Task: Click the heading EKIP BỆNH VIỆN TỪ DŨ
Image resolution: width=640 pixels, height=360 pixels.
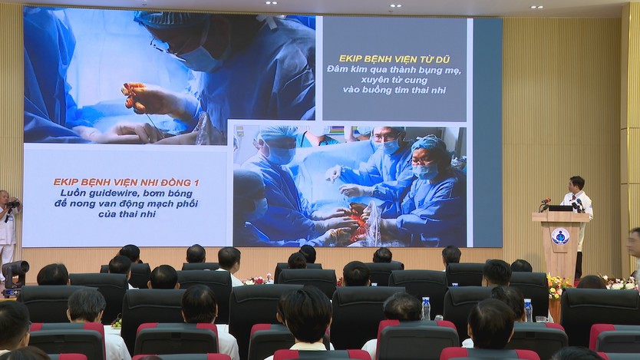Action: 394,59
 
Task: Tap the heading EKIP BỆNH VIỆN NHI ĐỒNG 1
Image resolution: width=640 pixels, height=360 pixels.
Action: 127,183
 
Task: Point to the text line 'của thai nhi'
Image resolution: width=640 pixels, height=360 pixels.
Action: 127,214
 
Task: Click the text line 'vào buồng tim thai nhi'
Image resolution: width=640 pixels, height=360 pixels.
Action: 394,91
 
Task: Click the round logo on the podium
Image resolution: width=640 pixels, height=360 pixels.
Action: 560,236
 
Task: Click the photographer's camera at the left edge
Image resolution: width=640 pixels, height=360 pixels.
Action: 12,203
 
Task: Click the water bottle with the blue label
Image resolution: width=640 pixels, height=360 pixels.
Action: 426,308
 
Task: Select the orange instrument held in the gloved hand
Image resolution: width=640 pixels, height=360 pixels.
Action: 134,96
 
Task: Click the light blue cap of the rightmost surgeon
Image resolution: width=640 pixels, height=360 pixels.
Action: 428,144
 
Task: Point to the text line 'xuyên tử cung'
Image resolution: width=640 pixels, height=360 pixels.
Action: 394,80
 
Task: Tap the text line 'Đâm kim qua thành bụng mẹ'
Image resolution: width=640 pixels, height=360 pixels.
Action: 394,70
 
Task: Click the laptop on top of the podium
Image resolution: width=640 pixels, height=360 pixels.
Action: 560,208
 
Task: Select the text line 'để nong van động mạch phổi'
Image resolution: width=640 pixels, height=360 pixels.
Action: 127,203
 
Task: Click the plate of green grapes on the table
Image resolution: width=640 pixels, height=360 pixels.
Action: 117,323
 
